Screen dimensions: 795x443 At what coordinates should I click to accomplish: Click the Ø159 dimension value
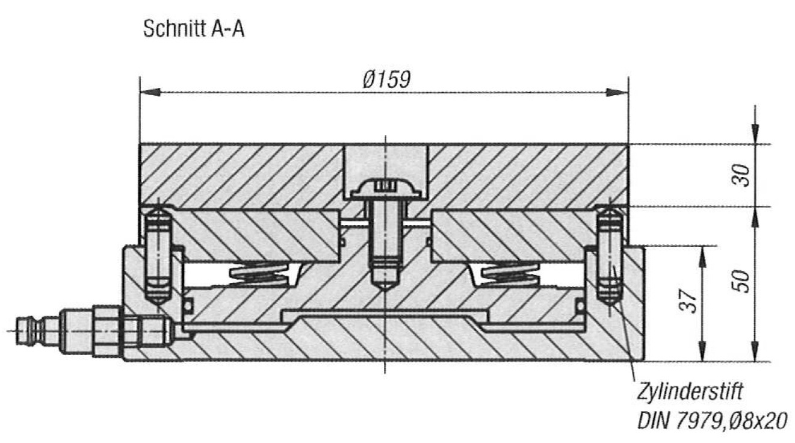387,79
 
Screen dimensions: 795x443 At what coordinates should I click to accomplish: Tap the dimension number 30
741,175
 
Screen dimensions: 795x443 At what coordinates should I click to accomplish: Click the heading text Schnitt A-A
194,29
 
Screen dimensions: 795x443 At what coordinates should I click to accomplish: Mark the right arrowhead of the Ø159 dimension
617,92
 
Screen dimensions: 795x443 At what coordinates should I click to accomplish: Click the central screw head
386,188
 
